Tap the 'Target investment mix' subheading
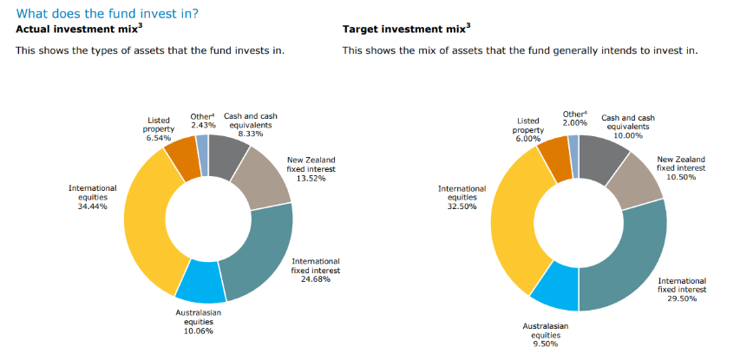click(x=406, y=29)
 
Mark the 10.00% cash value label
click(x=628, y=135)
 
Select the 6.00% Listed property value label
click(x=528, y=139)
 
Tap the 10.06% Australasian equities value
click(x=199, y=331)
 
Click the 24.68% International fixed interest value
click(x=316, y=278)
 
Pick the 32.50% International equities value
click(x=462, y=206)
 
